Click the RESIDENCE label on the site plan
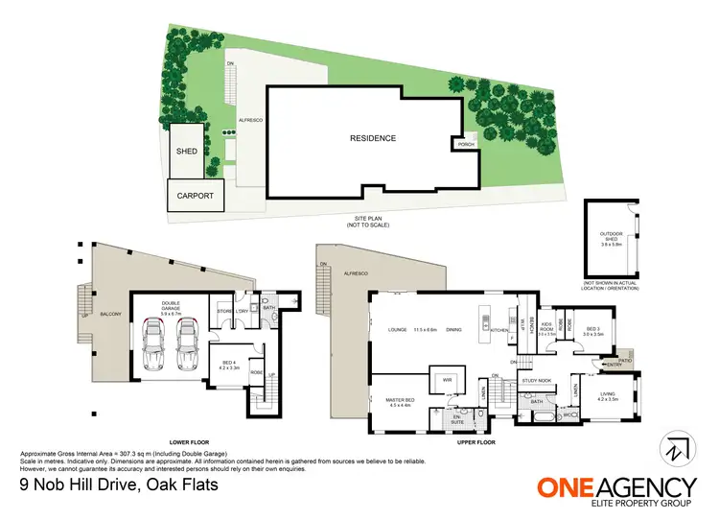(x=373, y=138)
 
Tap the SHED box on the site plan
(x=186, y=152)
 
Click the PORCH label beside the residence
(x=466, y=145)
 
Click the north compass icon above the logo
(x=676, y=448)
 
